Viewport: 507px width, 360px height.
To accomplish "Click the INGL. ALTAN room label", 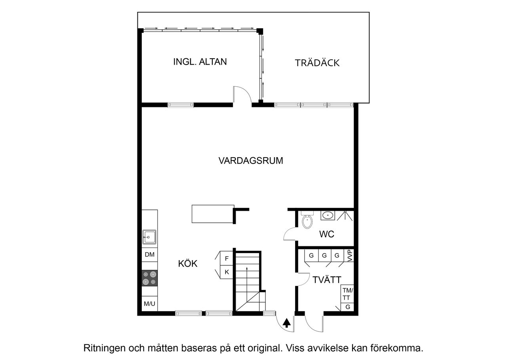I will tap(200, 62).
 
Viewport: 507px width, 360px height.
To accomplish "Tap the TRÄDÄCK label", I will tap(317, 63).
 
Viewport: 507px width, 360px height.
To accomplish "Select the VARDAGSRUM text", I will tap(251, 161).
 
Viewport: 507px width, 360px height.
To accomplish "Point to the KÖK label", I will tap(188, 263).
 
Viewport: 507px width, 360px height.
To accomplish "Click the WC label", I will tap(327, 234).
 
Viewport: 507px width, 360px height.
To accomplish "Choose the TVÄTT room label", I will tap(327, 280).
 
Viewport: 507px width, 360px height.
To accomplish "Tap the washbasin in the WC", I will tap(328, 215).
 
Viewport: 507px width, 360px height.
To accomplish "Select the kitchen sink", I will tap(149, 237).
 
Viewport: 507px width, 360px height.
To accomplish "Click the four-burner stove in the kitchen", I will tap(150, 278).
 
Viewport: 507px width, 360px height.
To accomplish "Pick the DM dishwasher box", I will tap(150, 255).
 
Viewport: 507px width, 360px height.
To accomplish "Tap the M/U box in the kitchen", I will tap(150, 304).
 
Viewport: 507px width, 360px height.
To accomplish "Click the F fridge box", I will tap(227, 259).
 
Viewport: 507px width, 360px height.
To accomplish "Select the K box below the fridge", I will tap(227, 272).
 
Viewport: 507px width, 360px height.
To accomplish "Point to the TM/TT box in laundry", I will tap(347, 294).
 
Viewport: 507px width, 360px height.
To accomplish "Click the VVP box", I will tap(349, 255).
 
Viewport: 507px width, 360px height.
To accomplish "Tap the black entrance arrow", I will tap(287, 324).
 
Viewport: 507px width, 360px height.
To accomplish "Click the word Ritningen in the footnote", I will tap(104, 349).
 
